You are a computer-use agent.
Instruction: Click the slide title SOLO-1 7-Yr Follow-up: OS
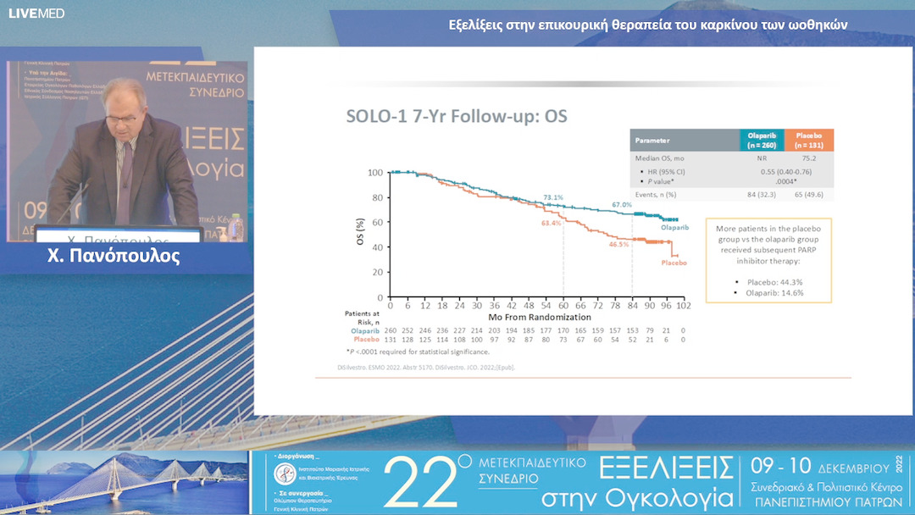456,117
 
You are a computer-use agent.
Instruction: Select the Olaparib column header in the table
762,140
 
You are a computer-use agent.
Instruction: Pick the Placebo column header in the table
809,140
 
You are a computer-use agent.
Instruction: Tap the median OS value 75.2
809,158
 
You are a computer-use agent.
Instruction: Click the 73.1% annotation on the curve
552,197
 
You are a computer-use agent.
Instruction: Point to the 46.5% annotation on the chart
618,244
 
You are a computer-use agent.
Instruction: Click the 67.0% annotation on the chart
622,205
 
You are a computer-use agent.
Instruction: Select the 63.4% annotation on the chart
551,223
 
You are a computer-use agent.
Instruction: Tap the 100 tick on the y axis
374,173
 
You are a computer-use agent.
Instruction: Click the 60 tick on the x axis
563,305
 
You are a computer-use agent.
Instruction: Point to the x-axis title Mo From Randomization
534,316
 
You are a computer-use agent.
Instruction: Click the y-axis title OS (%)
360,233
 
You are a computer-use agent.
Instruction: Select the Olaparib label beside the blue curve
674,228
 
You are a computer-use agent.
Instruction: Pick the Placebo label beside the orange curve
674,263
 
